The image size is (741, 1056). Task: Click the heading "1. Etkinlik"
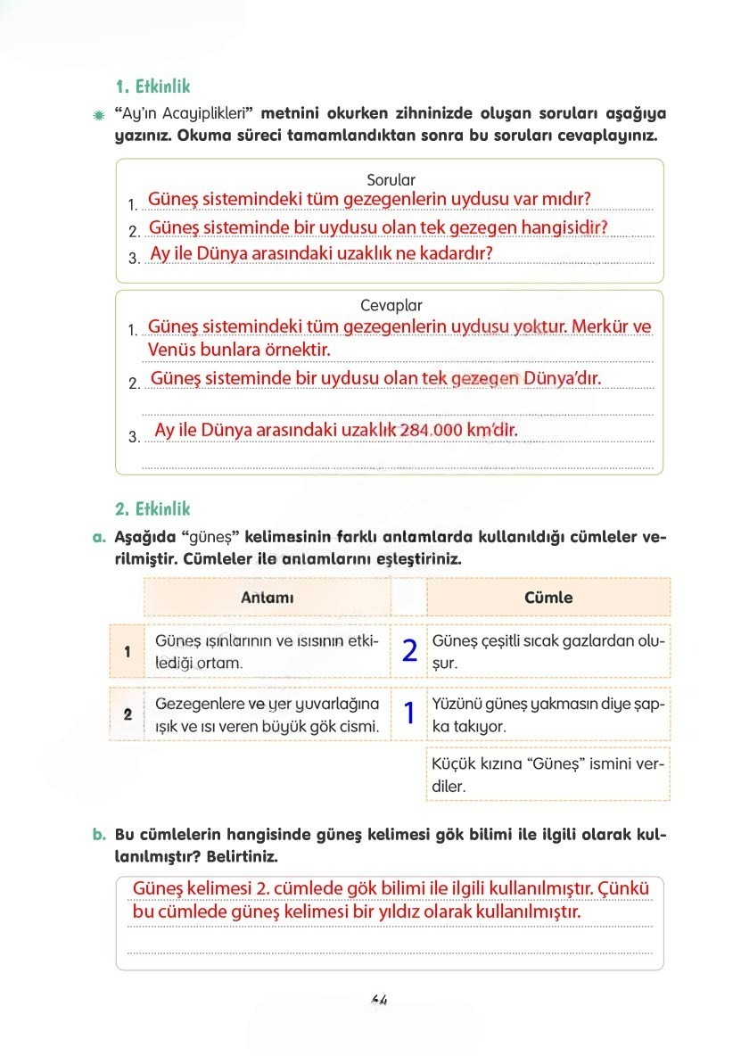tap(152, 87)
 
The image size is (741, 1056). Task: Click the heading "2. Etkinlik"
tap(152, 509)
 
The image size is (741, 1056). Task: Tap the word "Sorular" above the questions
tap(391, 179)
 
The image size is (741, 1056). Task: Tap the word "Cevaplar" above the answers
tap(391, 305)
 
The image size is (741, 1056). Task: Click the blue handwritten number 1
tap(409, 714)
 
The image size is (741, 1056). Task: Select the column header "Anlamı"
tap(267, 598)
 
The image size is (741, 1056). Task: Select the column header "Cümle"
tap(548, 598)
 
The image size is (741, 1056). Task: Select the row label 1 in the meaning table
tap(128, 651)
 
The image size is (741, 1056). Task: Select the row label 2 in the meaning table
tap(128, 714)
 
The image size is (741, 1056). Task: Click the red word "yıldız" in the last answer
tap(408, 912)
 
